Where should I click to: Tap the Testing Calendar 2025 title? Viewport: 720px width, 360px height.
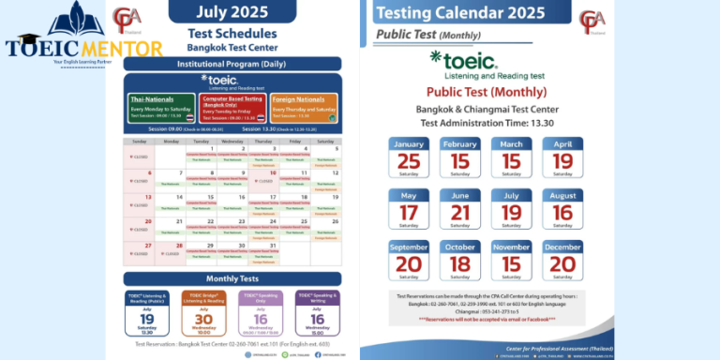click(458, 14)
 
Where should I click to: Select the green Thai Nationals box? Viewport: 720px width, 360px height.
click(160, 107)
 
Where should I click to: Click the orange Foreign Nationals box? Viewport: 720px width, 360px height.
click(305, 107)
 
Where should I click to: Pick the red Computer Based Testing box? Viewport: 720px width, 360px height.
click(232, 107)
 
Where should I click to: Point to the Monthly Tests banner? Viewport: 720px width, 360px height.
click(232, 278)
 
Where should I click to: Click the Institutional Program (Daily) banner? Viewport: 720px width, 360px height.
click(232, 64)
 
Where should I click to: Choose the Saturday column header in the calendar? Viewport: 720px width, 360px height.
click(325, 142)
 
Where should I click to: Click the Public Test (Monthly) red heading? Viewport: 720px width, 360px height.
click(473, 92)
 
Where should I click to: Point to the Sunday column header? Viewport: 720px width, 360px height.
click(140, 142)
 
